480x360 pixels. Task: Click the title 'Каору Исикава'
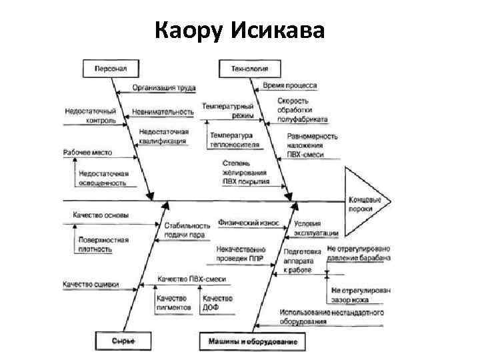[239, 29]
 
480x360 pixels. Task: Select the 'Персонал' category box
[110, 68]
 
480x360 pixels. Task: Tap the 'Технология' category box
[249, 68]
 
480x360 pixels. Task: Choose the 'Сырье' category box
[123, 341]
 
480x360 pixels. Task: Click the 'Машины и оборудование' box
[253, 341]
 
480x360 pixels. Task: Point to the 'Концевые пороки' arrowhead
[365, 202]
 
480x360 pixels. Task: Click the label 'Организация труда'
[163, 87]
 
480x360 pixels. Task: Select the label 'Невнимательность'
[163, 111]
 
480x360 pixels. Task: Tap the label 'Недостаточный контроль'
[91, 116]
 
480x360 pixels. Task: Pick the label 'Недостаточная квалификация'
[163, 137]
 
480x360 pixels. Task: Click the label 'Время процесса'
[290, 86]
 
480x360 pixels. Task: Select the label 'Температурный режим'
[228, 111]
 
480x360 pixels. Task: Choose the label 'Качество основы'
[101, 215]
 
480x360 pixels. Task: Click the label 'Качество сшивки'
[91, 285]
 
